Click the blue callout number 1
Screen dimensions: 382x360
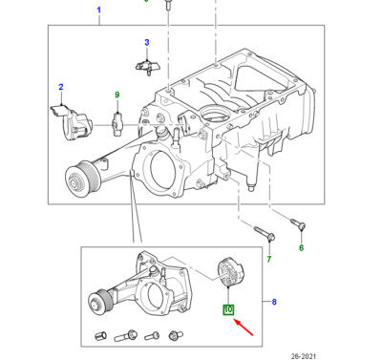[x=98, y=11]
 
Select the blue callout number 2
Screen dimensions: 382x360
[x=61, y=87]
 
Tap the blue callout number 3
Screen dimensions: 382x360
[x=147, y=42]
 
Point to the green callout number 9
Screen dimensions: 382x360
[x=117, y=95]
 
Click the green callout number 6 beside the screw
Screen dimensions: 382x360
[x=301, y=247]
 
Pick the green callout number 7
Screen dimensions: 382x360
[x=269, y=259]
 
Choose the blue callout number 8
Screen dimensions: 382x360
[x=274, y=302]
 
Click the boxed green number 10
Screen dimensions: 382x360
[x=228, y=309]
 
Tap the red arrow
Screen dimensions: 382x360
[x=244, y=328]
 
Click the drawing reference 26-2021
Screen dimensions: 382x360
[x=304, y=356]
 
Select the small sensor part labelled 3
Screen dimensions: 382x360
[x=148, y=67]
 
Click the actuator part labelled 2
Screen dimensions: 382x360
[x=72, y=122]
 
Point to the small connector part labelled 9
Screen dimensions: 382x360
[x=117, y=124]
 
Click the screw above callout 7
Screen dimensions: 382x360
[x=265, y=233]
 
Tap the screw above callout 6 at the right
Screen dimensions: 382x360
[x=298, y=223]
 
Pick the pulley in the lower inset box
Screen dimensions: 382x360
[x=98, y=302]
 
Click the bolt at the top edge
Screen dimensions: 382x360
[x=168, y=7]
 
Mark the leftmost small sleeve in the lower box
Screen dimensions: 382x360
[x=101, y=335]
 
